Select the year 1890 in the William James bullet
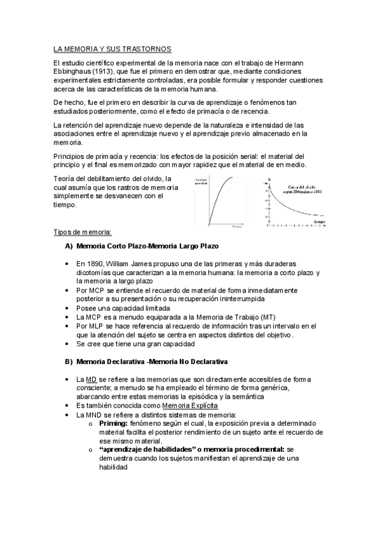point(94,263)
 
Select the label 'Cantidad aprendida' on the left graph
point(201,182)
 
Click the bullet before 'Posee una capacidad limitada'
point(68,307)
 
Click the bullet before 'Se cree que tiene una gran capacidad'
point(68,344)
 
